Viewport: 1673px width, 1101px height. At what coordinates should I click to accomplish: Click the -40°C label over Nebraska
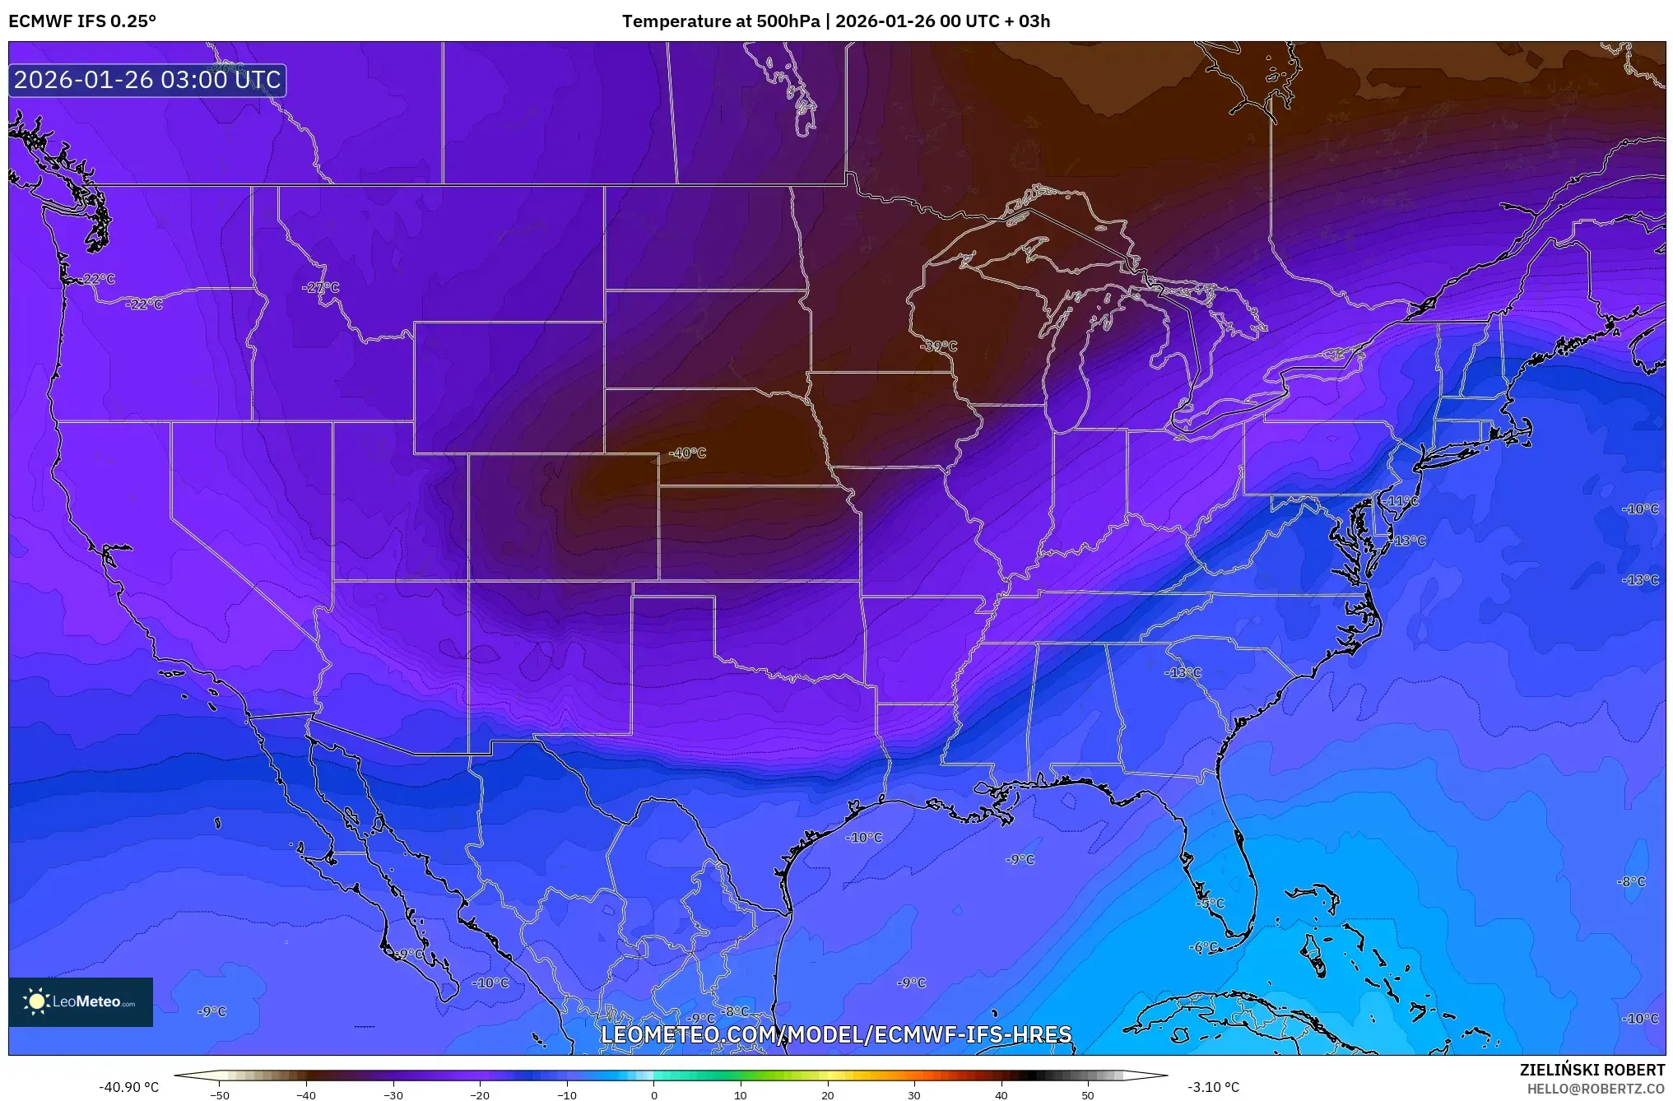click(687, 453)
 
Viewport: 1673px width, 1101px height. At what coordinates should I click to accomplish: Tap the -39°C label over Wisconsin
click(939, 346)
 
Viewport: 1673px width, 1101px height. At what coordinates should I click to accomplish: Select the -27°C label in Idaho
click(321, 287)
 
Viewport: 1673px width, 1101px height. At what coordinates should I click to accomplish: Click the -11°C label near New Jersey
click(1401, 500)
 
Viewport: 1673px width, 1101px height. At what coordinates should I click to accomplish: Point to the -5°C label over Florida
click(1211, 903)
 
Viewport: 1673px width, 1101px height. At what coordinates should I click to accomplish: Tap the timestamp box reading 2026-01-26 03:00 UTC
click(147, 80)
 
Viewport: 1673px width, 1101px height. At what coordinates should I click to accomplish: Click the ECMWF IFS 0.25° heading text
click(81, 21)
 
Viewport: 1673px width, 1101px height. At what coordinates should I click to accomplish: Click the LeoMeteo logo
click(81, 1001)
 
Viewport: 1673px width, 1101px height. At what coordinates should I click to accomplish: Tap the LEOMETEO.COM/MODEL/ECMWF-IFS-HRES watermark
click(836, 1034)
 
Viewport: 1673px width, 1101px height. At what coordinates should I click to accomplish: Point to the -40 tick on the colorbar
click(306, 1094)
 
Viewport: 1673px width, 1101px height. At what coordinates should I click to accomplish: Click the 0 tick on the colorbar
click(654, 1094)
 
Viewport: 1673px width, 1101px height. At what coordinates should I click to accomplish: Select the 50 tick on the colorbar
click(1088, 1094)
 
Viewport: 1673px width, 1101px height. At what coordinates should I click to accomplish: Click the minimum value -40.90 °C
click(129, 1087)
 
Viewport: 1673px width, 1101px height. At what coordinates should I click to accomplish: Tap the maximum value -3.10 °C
click(1213, 1087)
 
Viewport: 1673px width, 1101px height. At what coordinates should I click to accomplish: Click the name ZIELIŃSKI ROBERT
click(1592, 1070)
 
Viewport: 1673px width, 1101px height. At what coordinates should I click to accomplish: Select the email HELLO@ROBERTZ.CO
click(1596, 1089)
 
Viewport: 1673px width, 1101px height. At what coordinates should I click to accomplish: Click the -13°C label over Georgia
click(1183, 672)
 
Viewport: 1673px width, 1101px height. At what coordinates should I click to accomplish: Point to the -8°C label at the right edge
click(1631, 881)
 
